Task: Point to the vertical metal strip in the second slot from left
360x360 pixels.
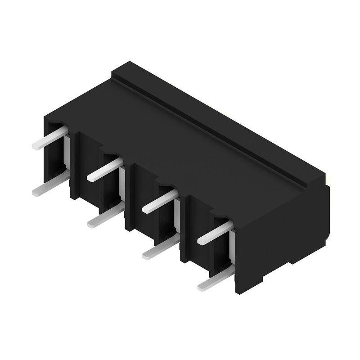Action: [x=122, y=184]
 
